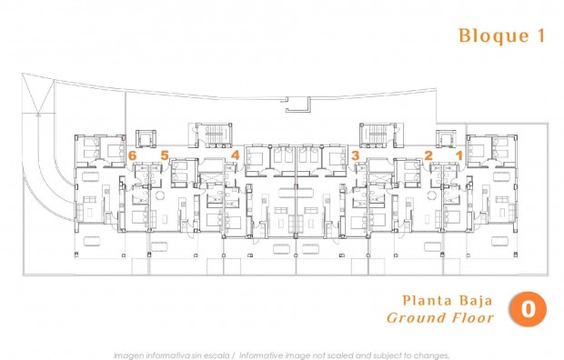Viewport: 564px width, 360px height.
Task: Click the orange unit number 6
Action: point(133,156)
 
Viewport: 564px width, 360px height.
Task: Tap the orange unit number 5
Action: point(165,156)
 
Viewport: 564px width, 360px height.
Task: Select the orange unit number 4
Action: point(236,156)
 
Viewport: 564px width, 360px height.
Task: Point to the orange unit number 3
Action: point(355,156)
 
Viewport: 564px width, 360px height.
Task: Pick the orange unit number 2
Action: point(428,156)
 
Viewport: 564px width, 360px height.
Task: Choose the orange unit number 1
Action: point(458,156)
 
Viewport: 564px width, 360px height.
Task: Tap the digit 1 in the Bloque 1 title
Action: point(540,35)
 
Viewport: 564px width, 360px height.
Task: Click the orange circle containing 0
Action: point(528,309)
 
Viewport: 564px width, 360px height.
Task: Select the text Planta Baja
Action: point(448,300)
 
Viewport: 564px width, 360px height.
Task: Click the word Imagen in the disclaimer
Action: point(129,354)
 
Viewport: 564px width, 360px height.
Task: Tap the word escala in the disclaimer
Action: point(215,354)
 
